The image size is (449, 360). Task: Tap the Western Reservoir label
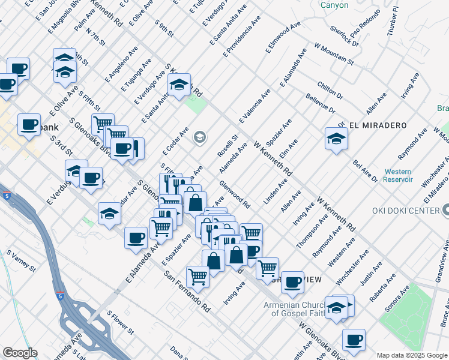[399, 175]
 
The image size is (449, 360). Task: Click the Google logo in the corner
[19, 353]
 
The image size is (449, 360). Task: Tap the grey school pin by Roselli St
[199, 138]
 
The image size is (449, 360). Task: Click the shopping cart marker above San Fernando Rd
[197, 277]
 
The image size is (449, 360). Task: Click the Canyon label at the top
[334, 5]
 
